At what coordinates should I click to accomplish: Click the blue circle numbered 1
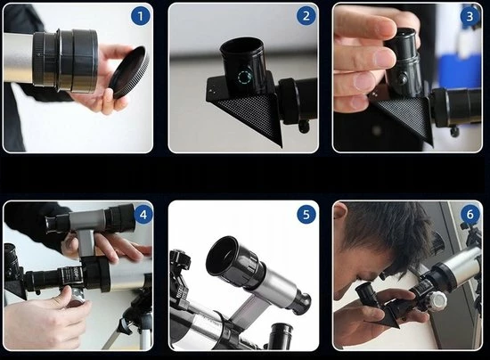(140, 16)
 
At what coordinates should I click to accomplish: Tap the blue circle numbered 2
(306, 16)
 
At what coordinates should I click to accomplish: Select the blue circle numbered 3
(470, 16)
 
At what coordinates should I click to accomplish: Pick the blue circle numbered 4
(143, 215)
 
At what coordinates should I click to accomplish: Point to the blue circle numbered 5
(306, 215)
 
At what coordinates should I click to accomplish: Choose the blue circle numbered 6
(470, 215)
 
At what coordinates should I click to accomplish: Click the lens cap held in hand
(129, 72)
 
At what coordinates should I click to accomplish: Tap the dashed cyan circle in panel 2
(244, 78)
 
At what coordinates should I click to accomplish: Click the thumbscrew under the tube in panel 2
(304, 127)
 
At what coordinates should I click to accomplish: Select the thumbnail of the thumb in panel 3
(383, 57)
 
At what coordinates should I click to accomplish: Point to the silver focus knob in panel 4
(77, 297)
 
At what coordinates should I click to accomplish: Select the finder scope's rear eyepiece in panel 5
(300, 301)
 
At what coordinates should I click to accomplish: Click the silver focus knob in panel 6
(437, 301)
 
